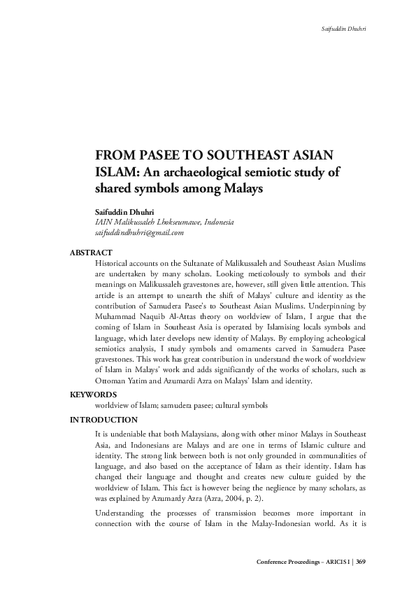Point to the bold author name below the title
point(124,211)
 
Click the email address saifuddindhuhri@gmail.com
point(139,232)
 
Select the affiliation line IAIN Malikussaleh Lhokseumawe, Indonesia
point(164,222)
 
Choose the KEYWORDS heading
point(94,395)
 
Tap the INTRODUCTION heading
point(103,420)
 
